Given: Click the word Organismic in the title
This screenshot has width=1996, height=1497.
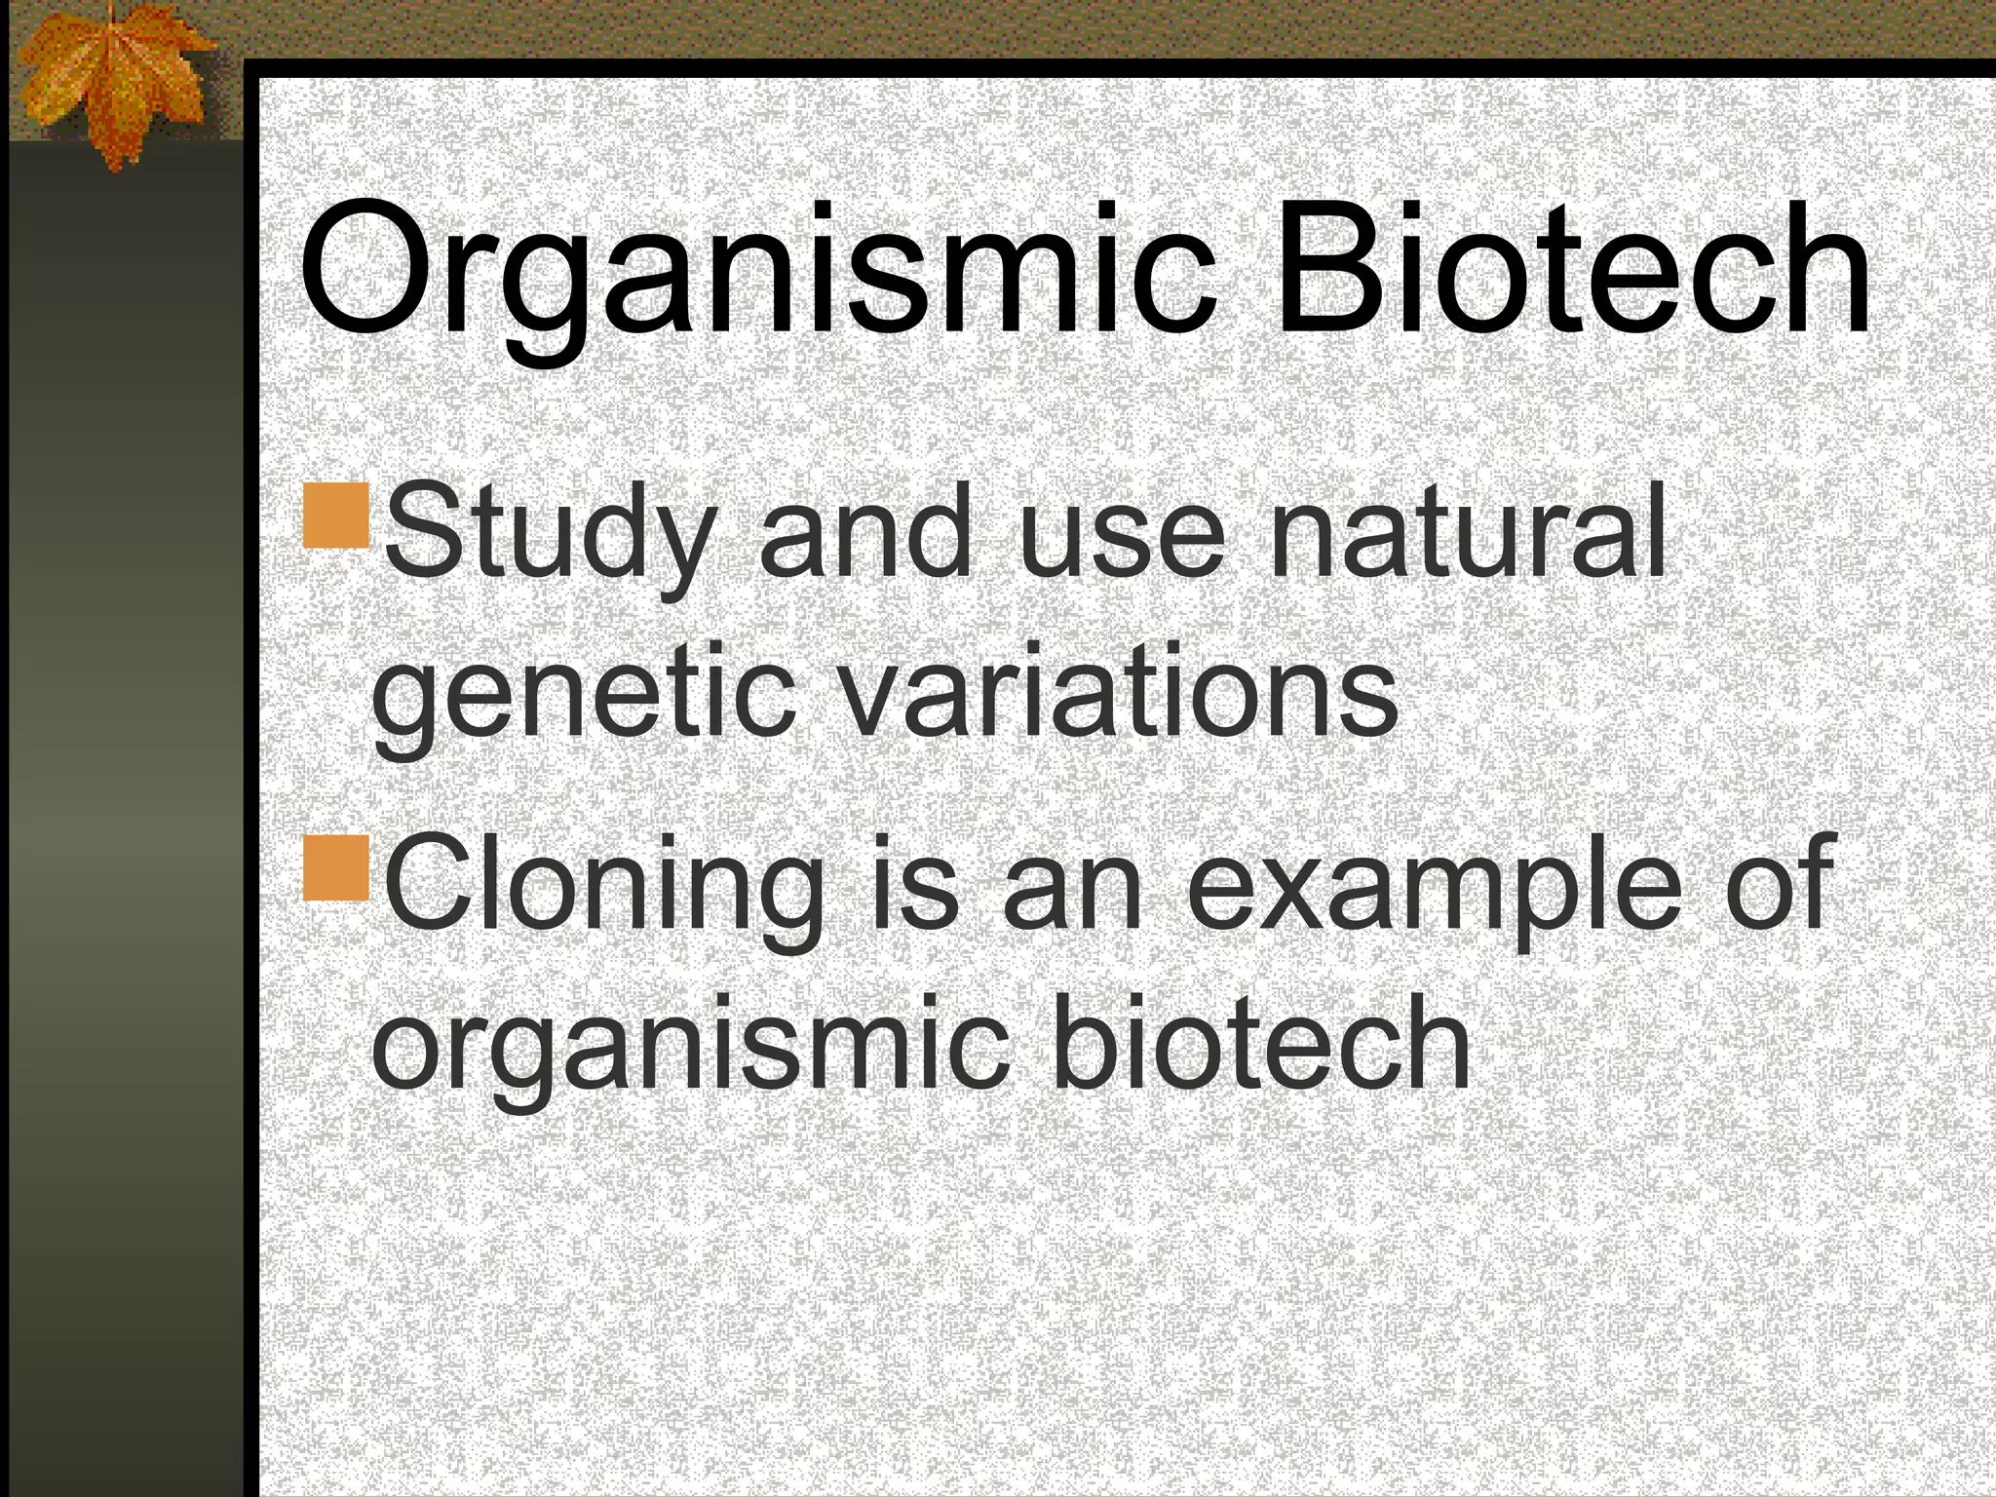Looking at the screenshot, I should click(755, 273).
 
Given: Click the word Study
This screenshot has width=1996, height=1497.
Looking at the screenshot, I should click(546, 536).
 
